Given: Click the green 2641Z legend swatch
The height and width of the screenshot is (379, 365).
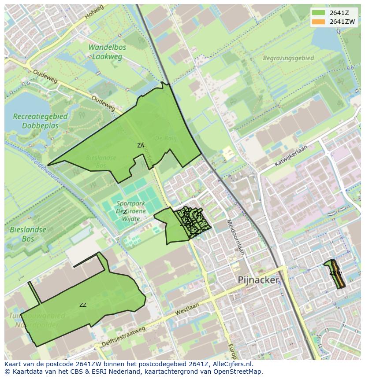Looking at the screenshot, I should [318, 13].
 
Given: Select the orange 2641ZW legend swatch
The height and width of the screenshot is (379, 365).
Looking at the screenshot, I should [318, 22].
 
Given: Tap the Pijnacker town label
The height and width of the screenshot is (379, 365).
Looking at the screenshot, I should [258, 280].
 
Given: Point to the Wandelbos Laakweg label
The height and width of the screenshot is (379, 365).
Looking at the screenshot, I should [107, 52].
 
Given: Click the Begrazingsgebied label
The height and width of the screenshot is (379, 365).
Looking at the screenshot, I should [288, 58].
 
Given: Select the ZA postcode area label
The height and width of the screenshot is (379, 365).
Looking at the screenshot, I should [141, 145].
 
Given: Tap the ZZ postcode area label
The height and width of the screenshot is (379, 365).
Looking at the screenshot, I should [83, 305].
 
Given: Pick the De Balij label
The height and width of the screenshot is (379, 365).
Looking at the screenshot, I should [168, 139].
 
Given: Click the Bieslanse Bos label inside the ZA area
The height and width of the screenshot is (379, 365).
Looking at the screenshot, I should [101, 161].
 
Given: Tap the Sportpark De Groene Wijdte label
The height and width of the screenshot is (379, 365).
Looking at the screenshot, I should [131, 211].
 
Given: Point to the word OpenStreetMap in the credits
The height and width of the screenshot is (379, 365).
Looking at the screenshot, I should [240, 372].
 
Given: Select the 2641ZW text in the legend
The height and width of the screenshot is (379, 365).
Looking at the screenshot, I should [343, 22].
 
